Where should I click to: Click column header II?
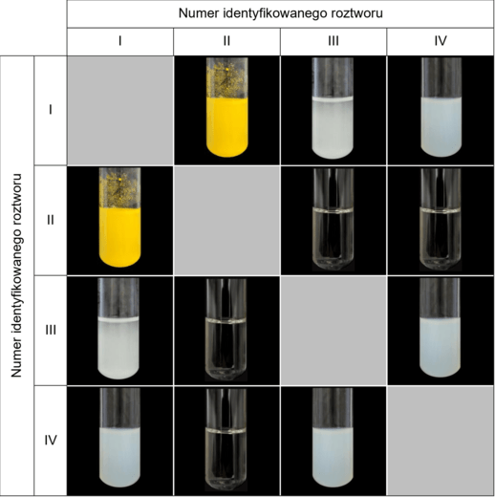tap(226, 41)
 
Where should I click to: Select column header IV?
tap(441, 41)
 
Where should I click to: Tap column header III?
tap(334, 41)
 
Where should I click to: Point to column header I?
tap(120, 41)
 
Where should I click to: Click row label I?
tap(51, 110)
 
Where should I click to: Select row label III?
tap(51, 330)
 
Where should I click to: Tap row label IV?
tap(51, 441)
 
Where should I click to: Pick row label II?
tap(51, 220)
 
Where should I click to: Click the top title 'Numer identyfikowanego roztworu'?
tap(280, 13)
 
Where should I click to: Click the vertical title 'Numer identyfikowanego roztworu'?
tap(16, 275)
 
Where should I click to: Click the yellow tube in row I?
tap(226, 107)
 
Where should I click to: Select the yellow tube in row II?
tap(119, 218)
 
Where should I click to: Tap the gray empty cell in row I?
tap(120, 111)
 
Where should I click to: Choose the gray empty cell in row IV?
tap(441, 441)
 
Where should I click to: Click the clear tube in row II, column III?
tap(334, 220)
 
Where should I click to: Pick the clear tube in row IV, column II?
tap(226, 440)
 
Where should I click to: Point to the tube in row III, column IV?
tap(441, 328)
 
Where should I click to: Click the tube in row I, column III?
tap(333, 108)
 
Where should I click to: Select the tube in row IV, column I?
tap(119, 438)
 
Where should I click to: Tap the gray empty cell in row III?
tap(334, 331)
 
